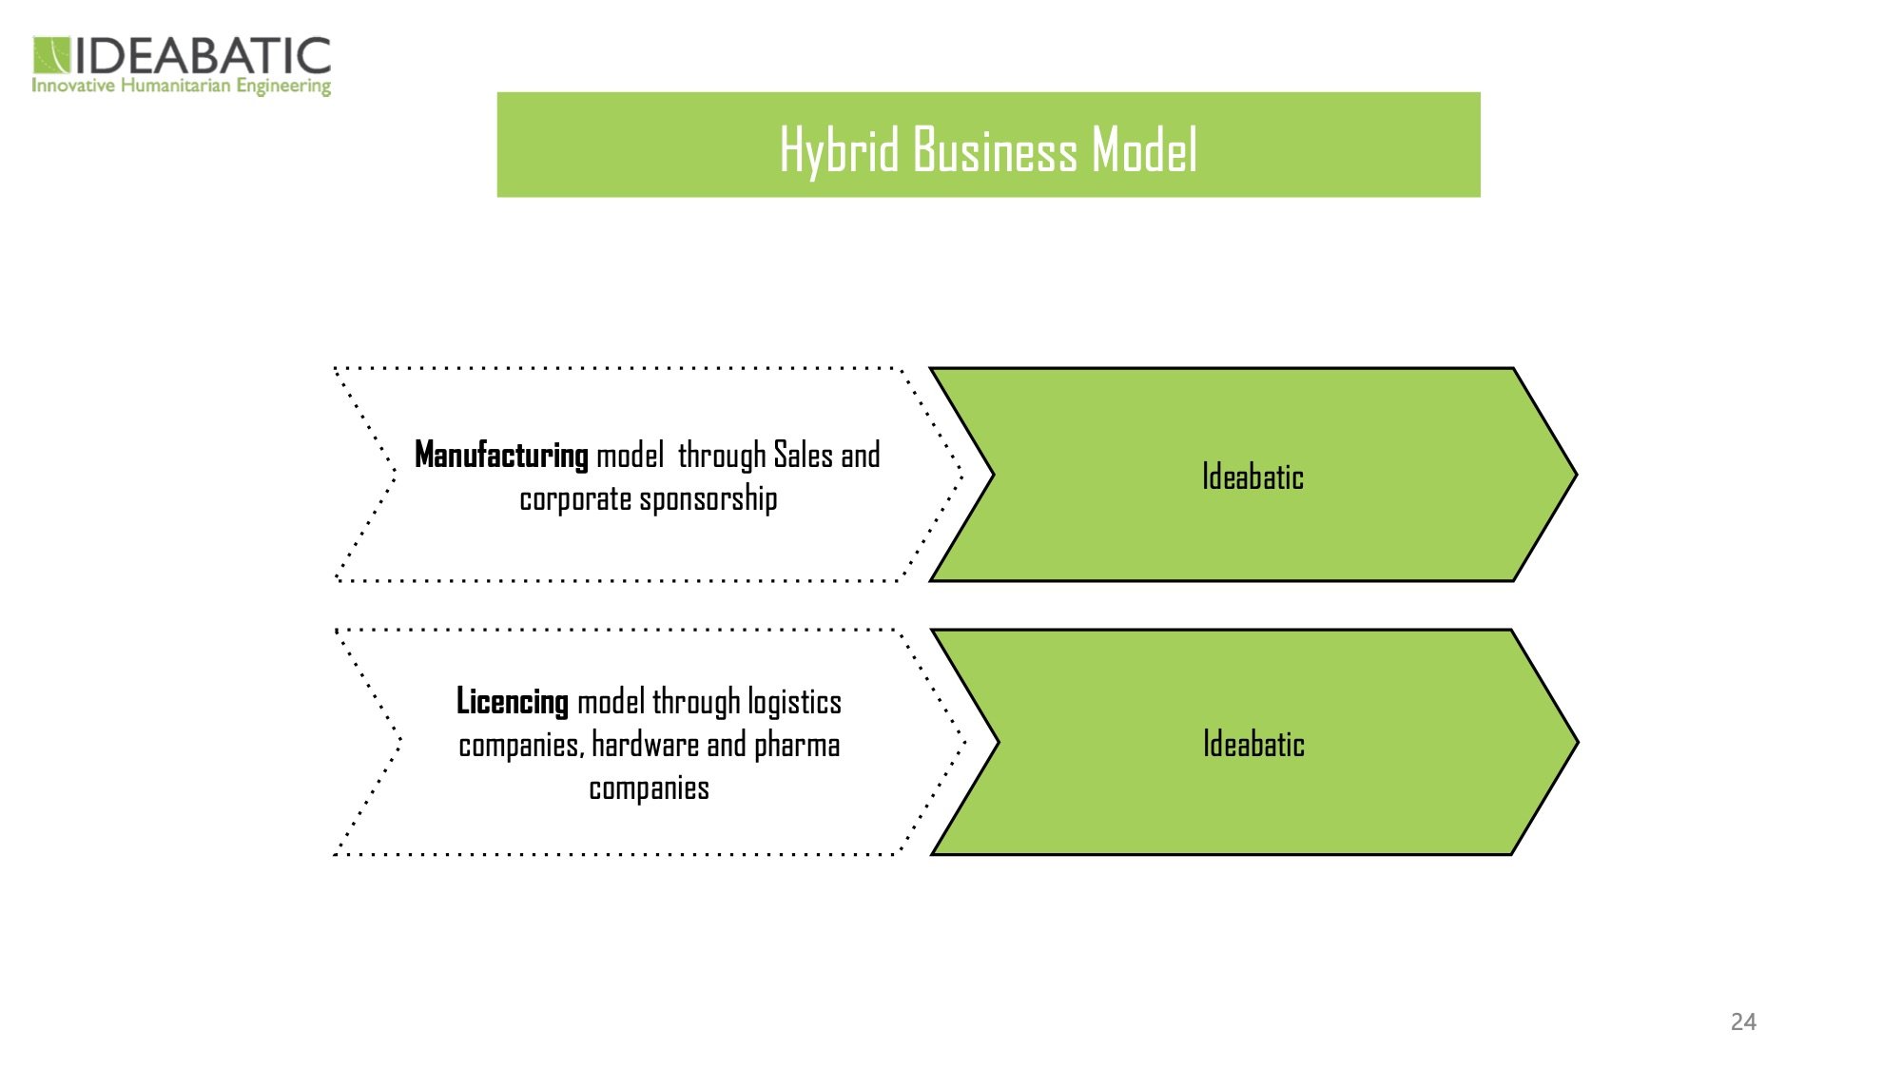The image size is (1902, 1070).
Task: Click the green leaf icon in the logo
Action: (51, 55)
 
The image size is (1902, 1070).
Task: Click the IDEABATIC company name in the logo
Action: (203, 56)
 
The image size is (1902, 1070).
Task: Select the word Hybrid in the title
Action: (839, 150)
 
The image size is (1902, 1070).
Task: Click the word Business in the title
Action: (995, 150)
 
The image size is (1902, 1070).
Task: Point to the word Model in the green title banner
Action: (1144, 150)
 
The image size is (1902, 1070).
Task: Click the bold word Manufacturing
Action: (501, 455)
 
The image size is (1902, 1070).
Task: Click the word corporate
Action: (574, 498)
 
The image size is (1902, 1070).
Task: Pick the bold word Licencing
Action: (512, 701)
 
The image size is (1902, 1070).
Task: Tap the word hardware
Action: (645, 745)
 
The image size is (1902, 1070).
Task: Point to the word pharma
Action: (797, 745)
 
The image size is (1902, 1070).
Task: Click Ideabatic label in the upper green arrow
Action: (1252, 477)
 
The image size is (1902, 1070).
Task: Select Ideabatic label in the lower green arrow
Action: (1253, 744)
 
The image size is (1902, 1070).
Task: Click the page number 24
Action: (1743, 1021)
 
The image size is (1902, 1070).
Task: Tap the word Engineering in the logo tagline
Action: (283, 87)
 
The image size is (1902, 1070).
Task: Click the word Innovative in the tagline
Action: (73, 87)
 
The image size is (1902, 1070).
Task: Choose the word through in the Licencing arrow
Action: (696, 702)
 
